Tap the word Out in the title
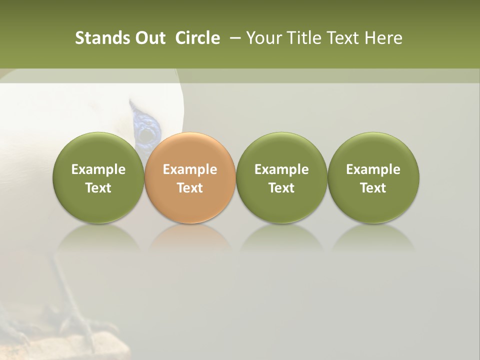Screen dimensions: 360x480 pyautogui.click(x=149, y=38)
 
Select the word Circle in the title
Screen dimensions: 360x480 pyautogui.click(x=197, y=38)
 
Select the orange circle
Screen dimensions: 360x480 pyautogui.click(x=189, y=177)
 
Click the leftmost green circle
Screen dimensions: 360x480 pyautogui.click(x=98, y=177)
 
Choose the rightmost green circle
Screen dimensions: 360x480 pyautogui.click(x=373, y=177)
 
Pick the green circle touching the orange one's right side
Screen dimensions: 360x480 pyautogui.click(x=281, y=177)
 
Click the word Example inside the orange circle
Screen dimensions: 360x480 pyautogui.click(x=190, y=169)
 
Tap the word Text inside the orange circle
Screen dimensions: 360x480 pyautogui.click(x=190, y=188)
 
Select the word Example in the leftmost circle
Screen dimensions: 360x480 pyautogui.click(x=98, y=169)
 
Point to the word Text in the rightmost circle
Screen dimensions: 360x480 pyautogui.click(x=373, y=188)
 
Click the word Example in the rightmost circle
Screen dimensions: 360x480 pyautogui.click(x=373, y=169)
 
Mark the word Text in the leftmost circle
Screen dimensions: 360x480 pyautogui.click(x=98, y=188)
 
